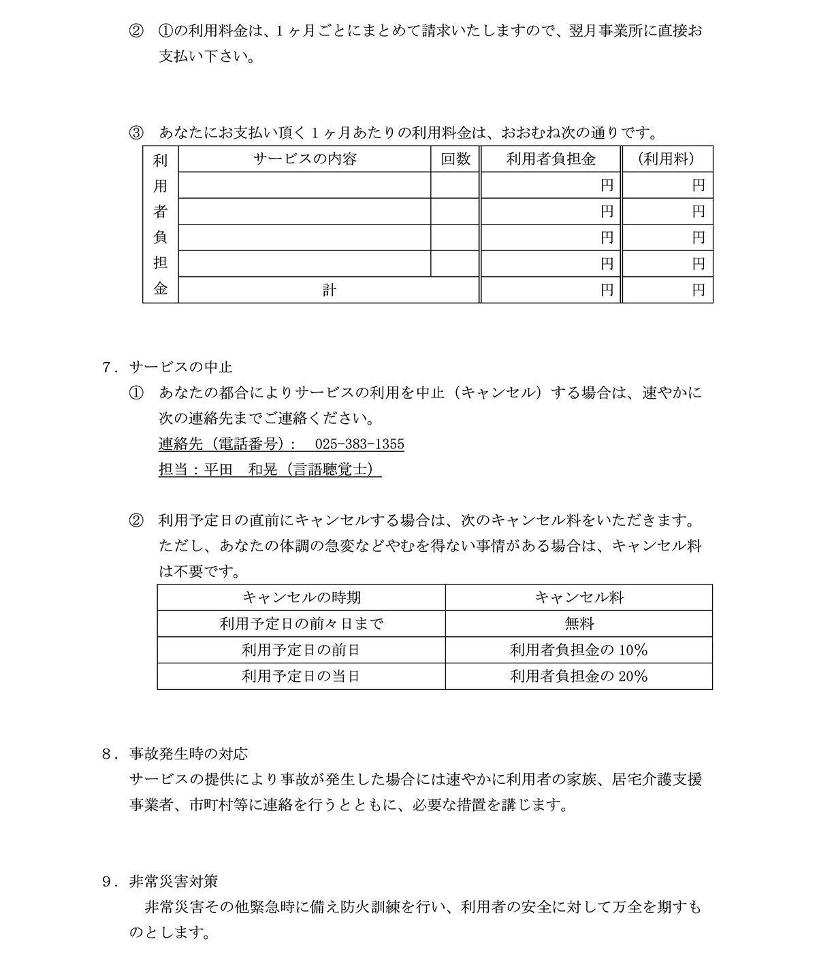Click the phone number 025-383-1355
pyautogui.click(x=359, y=444)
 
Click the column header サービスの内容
pyautogui.click(x=304, y=159)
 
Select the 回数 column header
pyautogui.click(x=455, y=159)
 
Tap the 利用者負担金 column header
pyautogui.click(x=551, y=159)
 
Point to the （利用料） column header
pyautogui.click(x=667, y=159)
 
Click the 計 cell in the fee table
pyautogui.click(x=329, y=291)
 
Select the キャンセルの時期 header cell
pyautogui.click(x=302, y=597)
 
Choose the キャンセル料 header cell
pyautogui.click(x=579, y=597)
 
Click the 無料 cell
pyautogui.click(x=579, y=623)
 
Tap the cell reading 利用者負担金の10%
pyautogui.click(x=579, y=650)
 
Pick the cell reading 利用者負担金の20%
pyautogui.click(x=579, y=676)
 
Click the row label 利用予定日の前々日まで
pyautogui.click(x=302, y=623)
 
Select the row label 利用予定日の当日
pyautogui.click(x=302, y=676)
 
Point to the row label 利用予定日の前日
pyautogui.click(x=302, y=650)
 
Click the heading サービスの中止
pyautogui.click(x=180, y=367)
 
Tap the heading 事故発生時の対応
pyautogui.click(x=188, y=754)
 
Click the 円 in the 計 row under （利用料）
pyautogui.click(x=699, y=291)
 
